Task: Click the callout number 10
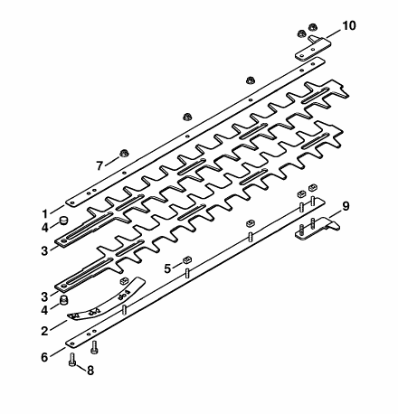(x=348, y=26)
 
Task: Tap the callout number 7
(x=99, y=165)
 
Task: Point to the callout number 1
(x=45, y=214)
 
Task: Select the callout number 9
(x=346, y=206)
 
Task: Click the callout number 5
(x=167, y=268)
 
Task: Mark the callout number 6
(x=44, y=357)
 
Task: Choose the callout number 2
(x=44, y=331)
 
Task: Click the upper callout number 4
(x=44, y=228)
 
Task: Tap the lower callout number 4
(x=44, y=310)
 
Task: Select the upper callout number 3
(x=44, y=250)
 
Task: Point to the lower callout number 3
(x=44, y=296)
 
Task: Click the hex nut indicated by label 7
(x=123, y=154)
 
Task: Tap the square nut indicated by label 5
(x=187, y=259)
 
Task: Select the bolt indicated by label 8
(x=72, y=360)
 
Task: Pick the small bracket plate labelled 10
(x=314, y=48)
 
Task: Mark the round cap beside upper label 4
(x=62, y=221)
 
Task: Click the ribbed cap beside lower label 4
(x=62, y=300)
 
